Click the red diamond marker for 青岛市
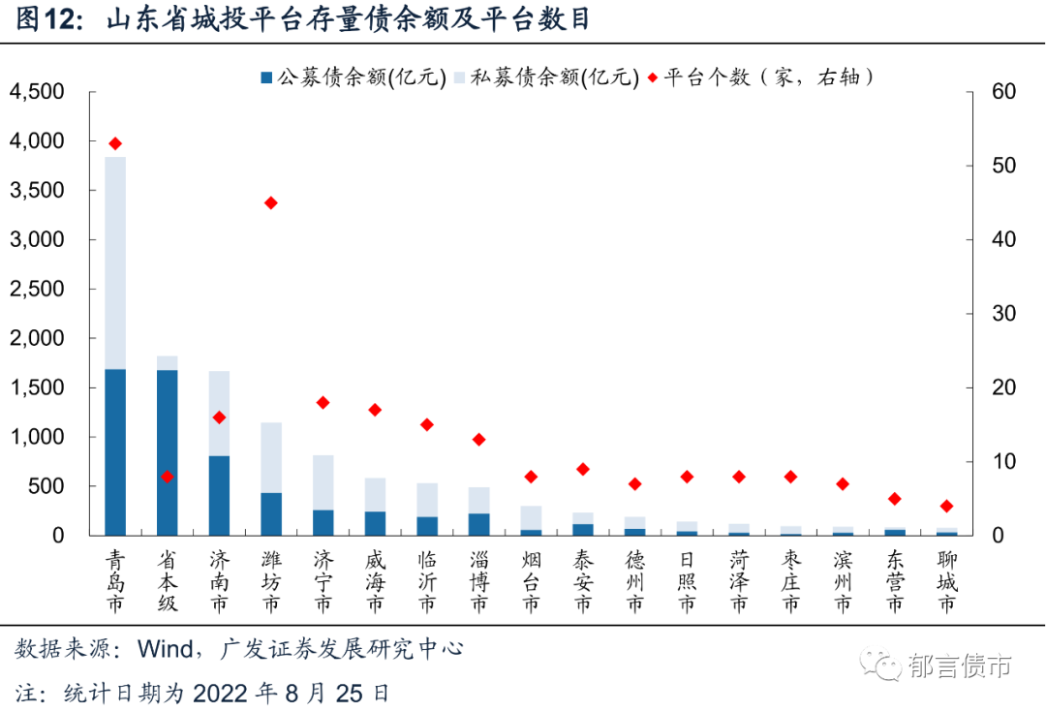coord(115,143)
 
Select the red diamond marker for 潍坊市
coord(271,202)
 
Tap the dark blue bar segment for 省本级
coord(168,451)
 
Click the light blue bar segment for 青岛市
coord(115,263)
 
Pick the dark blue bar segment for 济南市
coord(220,495)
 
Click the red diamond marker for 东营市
coord(895,499)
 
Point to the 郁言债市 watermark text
coord(960,666)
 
